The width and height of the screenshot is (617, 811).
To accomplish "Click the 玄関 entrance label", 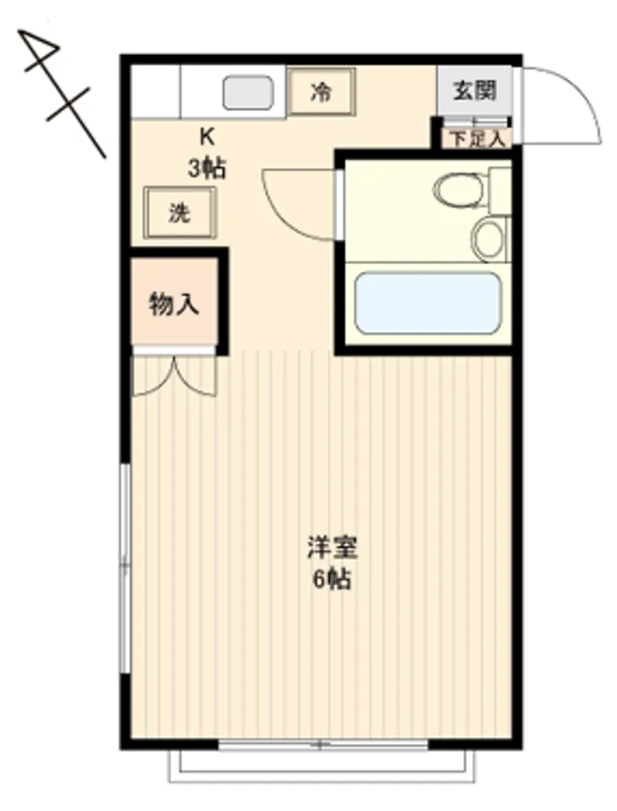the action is (475, 91).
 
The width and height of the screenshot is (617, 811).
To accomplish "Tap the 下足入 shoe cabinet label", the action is (476, 139).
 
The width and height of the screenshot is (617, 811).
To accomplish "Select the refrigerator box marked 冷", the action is (322, 92).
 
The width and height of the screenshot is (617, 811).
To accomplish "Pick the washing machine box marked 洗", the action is (179, 212).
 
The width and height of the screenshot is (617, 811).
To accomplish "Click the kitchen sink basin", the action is (248, 92).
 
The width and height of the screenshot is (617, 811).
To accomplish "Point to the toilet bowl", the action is (459, 189).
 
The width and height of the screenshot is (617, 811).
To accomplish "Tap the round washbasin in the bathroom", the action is (489, 239).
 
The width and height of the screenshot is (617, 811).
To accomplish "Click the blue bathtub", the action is (428, 303).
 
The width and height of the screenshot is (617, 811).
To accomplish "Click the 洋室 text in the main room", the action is (332, 547).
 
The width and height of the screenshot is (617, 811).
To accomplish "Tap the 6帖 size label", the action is (332, 579).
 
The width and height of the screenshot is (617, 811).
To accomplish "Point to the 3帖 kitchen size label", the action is (207, 168).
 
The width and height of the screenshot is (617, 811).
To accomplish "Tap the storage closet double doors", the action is (174, 375).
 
